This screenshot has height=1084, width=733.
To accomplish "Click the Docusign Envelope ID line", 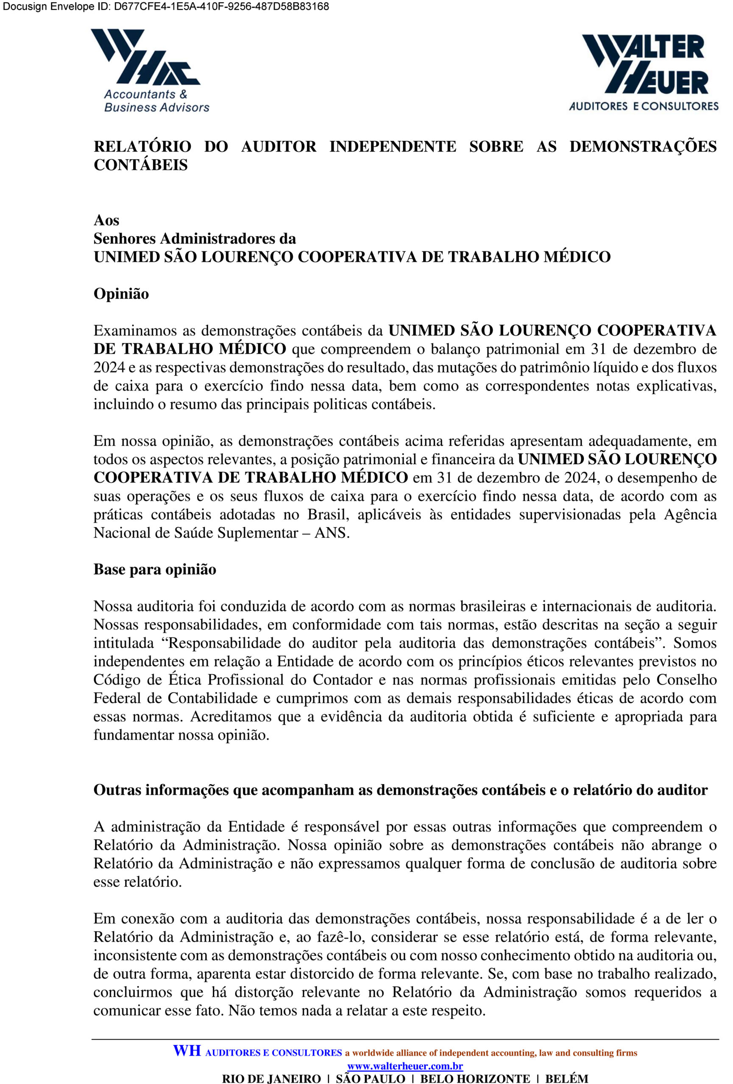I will coord(166,6).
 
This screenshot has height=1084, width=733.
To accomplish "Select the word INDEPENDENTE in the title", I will coord(393,147).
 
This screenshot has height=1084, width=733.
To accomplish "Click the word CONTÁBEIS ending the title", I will coord(140,165).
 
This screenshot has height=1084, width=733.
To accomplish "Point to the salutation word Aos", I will coord(106,220).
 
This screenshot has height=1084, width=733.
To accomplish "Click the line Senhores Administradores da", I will coord(195,239).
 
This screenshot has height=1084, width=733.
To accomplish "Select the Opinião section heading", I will coord(121,294).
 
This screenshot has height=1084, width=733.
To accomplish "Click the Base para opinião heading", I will coord(155,570).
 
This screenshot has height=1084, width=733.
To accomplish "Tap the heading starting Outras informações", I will coord(400,790).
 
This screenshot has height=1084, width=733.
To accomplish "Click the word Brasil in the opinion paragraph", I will coord(326,514).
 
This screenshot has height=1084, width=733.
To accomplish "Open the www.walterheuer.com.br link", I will coord(405,1066).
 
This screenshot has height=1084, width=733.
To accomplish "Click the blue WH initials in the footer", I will coord(187,1051).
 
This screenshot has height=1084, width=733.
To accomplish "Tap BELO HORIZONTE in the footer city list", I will coord(475,1078).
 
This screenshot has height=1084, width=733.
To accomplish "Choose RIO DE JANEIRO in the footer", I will coord(271,1078).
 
